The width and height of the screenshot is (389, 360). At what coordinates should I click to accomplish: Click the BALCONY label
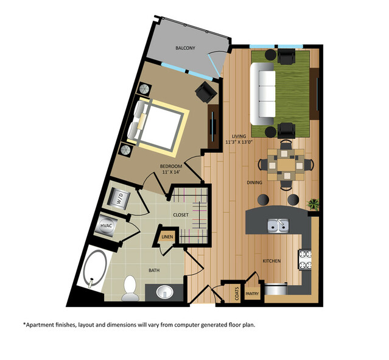185,48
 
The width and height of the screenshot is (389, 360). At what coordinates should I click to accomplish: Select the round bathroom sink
165,292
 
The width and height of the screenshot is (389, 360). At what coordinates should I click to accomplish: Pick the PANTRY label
252,294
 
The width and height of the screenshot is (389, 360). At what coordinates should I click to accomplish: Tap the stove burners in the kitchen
304,259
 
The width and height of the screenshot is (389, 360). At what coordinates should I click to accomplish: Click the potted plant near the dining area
314,203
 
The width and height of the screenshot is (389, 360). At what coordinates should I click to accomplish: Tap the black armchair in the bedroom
205,93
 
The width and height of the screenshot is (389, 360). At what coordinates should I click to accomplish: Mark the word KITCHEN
272,261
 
